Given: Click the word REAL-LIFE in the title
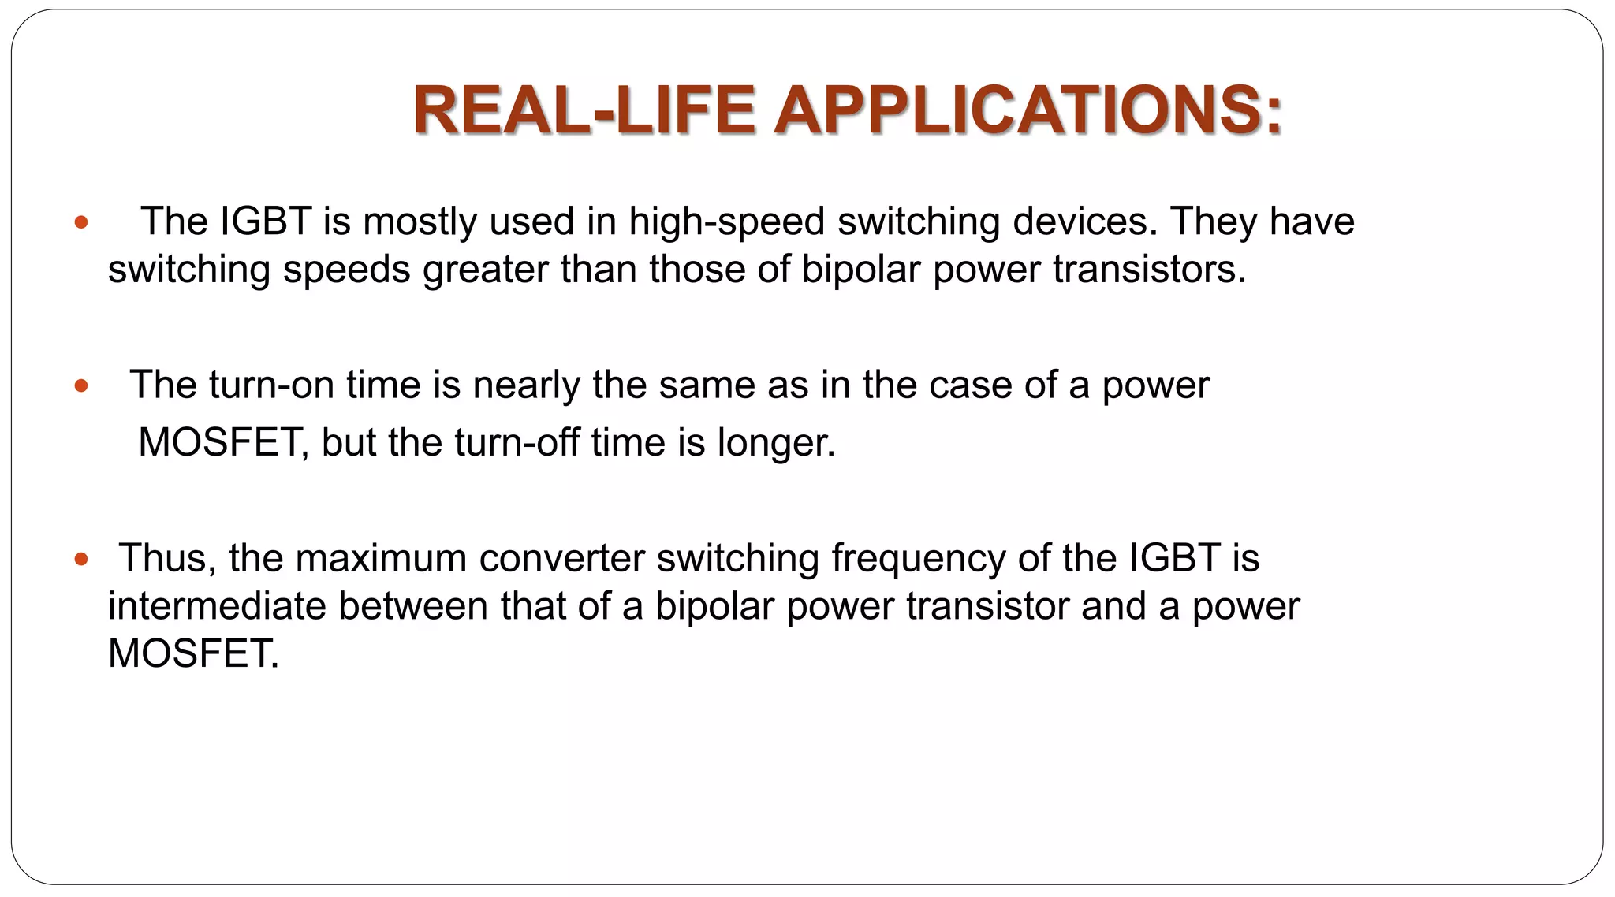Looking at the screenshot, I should point(584,110).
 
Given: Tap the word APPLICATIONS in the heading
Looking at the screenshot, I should point(1028,110).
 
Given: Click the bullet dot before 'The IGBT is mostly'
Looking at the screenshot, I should point(80,222).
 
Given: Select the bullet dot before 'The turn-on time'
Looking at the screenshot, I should point(80,386).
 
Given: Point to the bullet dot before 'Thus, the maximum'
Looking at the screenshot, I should point(80,560).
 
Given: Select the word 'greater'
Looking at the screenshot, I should point(484,270).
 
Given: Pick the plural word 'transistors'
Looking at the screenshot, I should point(1149,270).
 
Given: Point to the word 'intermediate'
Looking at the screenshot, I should point(217,607).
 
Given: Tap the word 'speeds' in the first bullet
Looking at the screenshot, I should point(346,270).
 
